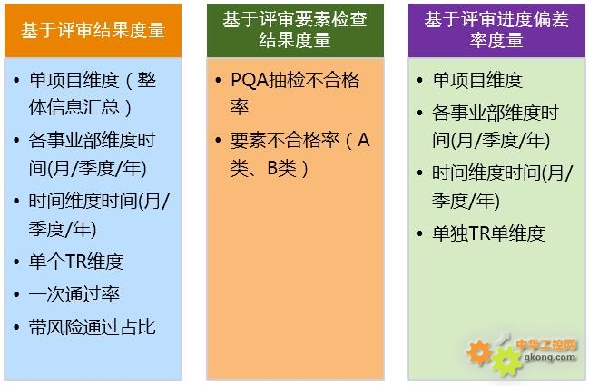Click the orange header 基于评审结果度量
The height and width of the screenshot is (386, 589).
[x=93, y=31]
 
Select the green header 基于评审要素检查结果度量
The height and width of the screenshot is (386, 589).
[x=295, y=30]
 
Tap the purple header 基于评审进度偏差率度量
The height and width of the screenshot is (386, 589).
[x=496, y=30]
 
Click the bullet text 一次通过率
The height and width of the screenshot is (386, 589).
[x=74, y=294]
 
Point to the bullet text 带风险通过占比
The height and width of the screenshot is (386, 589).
[x=92, y=327]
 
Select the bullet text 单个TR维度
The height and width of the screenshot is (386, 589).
[x=76, y=262]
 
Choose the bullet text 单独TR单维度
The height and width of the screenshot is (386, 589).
[x=488, y=233]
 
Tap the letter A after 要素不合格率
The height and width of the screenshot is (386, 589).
[x=364, y=140]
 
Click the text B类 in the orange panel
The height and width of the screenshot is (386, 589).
[x=282, y=168]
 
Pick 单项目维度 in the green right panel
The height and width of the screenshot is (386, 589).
[x=477, y=80]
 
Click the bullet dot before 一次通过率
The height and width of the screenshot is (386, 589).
[x=16, y=294]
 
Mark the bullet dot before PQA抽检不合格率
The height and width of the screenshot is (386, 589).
[x=218, y=80]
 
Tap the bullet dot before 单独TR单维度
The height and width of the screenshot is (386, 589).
[x=420, y=233]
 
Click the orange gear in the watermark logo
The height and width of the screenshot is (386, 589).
[x=479, y=352]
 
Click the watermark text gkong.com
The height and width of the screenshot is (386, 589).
[x=550, y=357]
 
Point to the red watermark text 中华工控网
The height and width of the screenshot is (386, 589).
[x=545, y=344]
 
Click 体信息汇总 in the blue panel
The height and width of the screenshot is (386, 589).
[x=74, y=107]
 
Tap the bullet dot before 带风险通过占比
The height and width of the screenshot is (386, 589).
[x=16, y=327]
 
